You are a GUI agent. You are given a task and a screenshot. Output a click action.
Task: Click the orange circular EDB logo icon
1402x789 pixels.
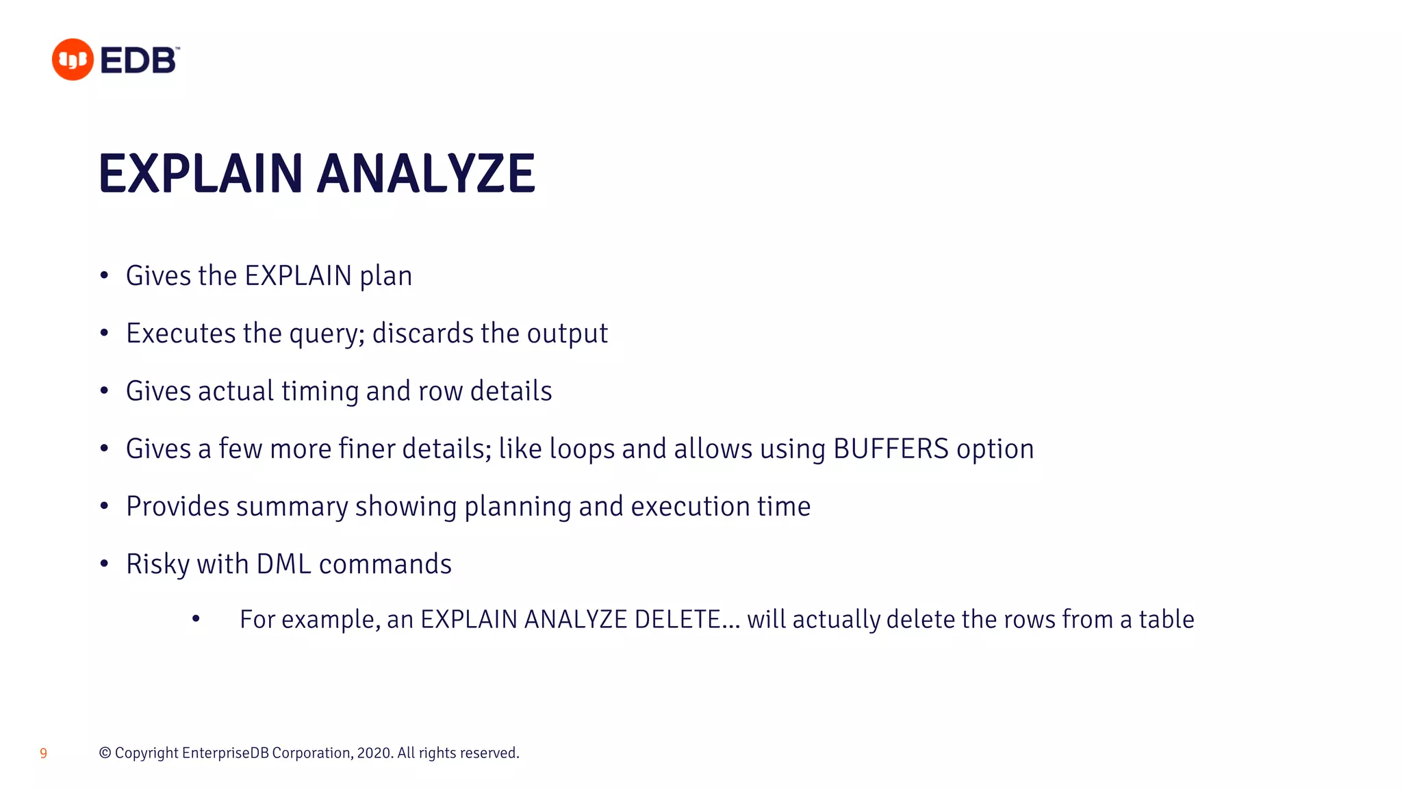[73, 60]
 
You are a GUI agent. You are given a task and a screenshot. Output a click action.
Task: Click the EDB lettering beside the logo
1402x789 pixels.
[139, 61]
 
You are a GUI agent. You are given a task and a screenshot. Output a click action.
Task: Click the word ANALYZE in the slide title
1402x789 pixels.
[426, 174]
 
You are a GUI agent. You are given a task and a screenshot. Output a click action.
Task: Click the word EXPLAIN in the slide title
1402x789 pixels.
[201, 174]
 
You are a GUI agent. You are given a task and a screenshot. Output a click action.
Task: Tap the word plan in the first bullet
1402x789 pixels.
[386, 277]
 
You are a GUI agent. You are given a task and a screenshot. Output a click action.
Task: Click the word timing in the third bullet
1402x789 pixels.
[320, 391]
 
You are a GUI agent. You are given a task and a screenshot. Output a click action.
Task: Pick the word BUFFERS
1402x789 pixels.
[891, 449]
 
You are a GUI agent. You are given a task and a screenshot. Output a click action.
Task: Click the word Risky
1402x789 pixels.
[157, 564]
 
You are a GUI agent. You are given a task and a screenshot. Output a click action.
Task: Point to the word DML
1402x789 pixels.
[283, 564]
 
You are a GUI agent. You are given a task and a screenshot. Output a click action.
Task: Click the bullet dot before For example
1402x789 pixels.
[196, 619]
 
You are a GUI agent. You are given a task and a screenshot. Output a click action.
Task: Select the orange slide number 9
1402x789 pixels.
[43, 753]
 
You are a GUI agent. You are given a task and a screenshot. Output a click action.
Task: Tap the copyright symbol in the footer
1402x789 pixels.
[105, 753]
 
